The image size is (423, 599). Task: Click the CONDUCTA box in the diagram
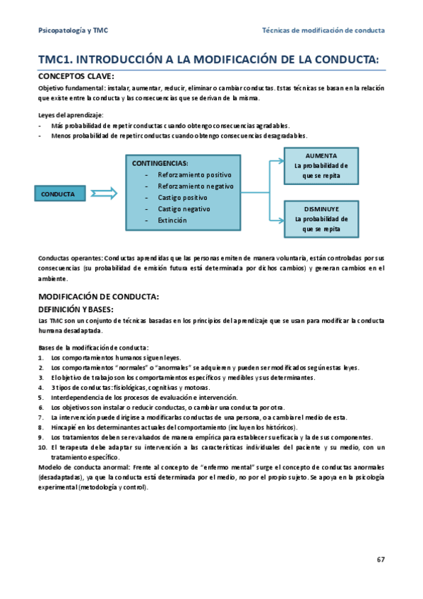58,194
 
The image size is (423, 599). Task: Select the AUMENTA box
321,166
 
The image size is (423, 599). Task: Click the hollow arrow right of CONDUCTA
103,194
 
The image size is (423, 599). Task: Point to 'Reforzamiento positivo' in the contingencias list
194,174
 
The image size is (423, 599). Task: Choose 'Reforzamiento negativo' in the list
195,186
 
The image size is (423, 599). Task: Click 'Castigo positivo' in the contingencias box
182,198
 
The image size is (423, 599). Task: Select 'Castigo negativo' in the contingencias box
184,209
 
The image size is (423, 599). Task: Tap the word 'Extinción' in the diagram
172,220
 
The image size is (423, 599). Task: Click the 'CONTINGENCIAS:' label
160,163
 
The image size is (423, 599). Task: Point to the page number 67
380,560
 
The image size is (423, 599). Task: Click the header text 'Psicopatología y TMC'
73,31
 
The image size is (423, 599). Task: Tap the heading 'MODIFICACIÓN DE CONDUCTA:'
98,297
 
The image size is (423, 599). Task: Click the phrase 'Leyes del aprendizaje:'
71,115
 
